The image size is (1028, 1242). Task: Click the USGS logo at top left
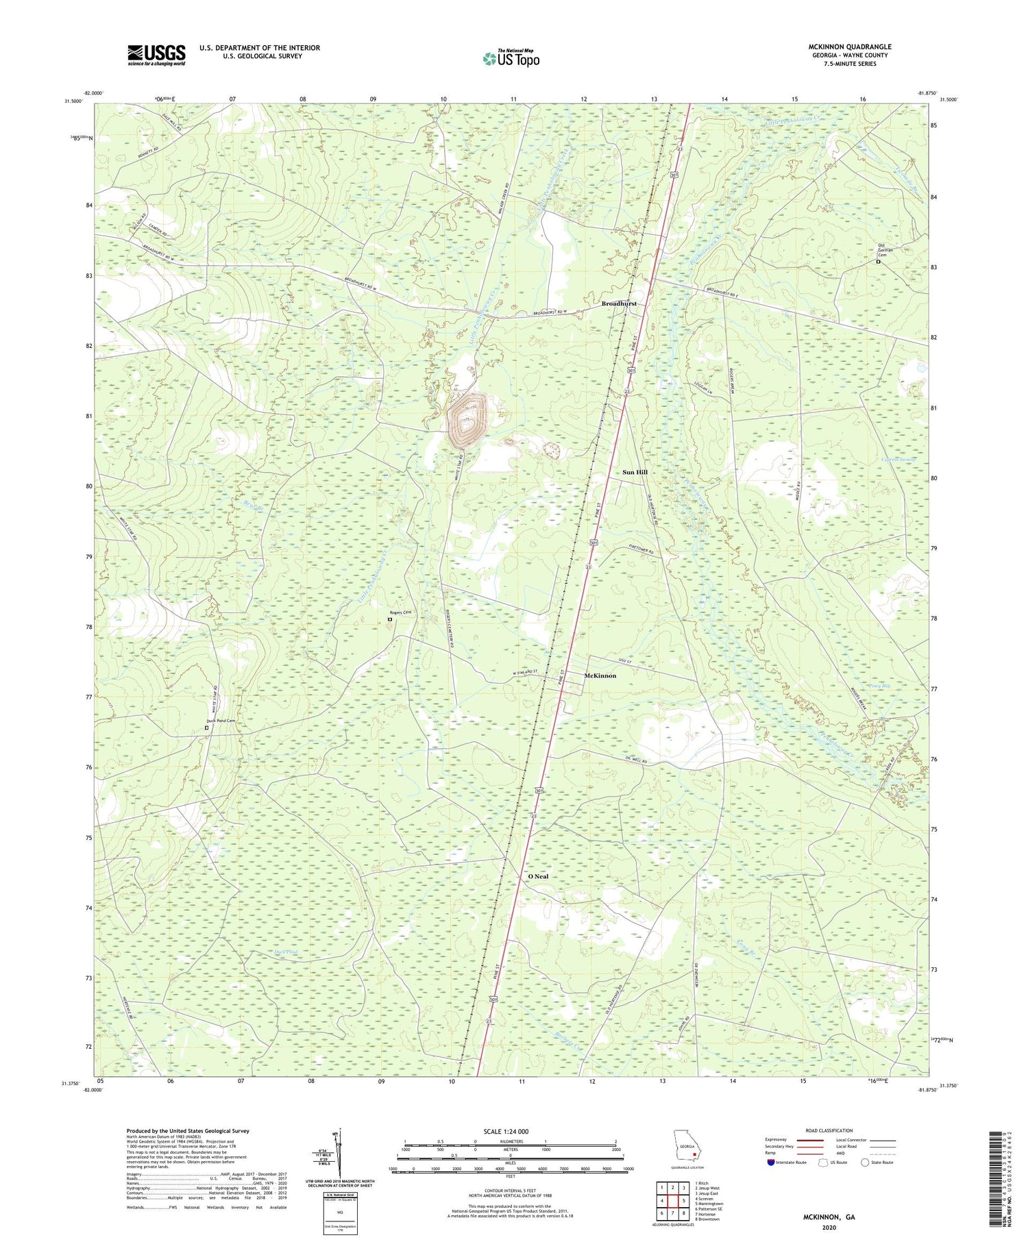(156, 55)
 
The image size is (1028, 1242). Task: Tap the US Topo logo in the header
(511, 58)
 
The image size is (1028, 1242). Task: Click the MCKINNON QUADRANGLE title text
(849, 47)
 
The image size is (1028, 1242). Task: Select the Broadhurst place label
(618, 303)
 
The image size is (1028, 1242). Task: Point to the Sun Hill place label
(635, 473)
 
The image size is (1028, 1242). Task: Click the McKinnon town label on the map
(600, 675)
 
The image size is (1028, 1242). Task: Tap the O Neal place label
(538, 876)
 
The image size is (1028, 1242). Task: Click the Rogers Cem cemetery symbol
(390, 619)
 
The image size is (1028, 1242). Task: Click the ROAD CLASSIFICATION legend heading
(829, 1130)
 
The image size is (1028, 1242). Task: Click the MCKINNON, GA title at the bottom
(829, 1217)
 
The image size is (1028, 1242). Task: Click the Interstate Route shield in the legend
(772, 1163)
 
